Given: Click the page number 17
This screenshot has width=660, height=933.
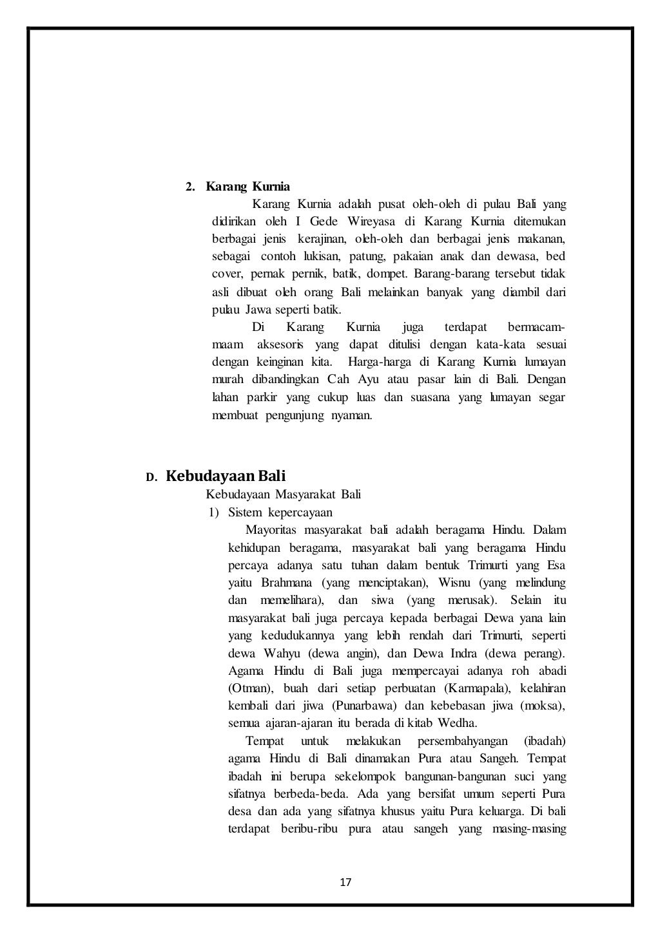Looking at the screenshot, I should (x=345, y=882).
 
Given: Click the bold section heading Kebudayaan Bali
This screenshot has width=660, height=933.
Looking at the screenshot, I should (x=226, y=476).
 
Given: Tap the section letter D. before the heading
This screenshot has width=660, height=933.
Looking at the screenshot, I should (x=151, y=478).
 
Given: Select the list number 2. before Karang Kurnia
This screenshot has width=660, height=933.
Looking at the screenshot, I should (x=190, y=187).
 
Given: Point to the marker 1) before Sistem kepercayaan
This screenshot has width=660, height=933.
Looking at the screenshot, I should (x=213, y=513).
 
